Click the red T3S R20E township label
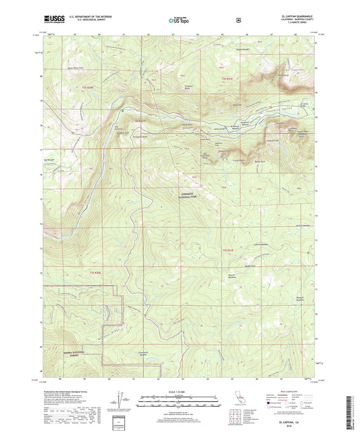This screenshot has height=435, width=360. [x=93, y=273]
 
